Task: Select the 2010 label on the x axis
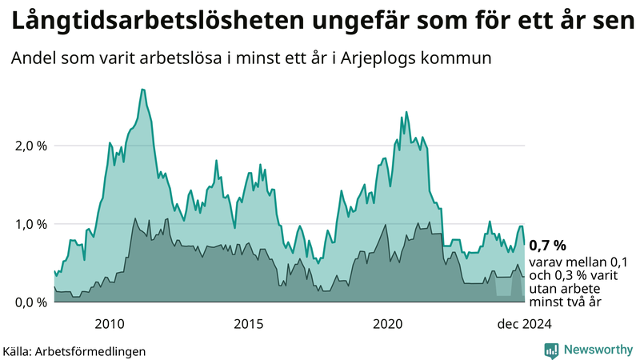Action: [x=110, y=323]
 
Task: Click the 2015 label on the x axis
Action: [x=249, y=323]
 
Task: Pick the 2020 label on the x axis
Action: [x=389, y=323]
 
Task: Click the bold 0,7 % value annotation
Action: [x=548, y=245]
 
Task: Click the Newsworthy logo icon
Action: [x=552, y=350]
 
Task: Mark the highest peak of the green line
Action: [x=142, y=90]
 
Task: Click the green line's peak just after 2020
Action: [x=406, y=112]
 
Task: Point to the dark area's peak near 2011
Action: [x=136, y=218]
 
